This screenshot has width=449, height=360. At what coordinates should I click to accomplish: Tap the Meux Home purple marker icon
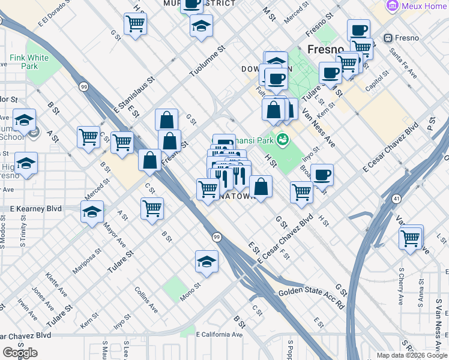tap(393, 5)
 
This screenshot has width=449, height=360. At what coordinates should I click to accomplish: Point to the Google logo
tap(20, 353)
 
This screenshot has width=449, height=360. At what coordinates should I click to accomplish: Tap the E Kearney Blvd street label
tap(37, 208)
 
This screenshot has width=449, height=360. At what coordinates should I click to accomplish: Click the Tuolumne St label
tap(206, 62)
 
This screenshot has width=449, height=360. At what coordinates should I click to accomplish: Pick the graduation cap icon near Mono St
tap(206, 262)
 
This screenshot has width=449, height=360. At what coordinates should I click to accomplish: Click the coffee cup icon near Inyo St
tap(322, 174)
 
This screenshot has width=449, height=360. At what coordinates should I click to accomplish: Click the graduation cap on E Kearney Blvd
tap(92, 212)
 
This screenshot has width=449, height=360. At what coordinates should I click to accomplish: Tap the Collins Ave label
tap(146, 299)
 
